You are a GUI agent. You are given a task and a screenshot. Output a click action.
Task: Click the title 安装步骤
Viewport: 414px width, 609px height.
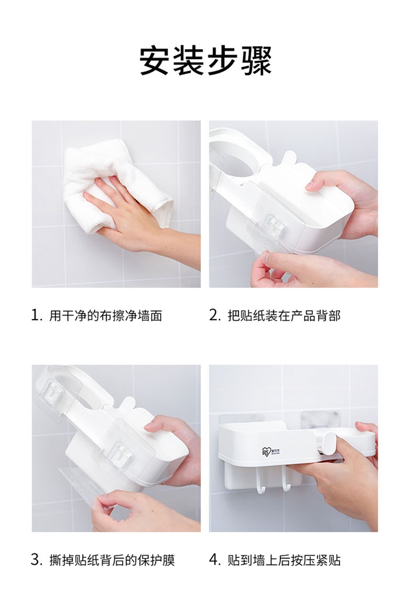pyautogui.click(x=206, y=61)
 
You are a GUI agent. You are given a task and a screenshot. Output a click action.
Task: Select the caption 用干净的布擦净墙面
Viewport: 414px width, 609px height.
pyautogui.click(x=105, y=316)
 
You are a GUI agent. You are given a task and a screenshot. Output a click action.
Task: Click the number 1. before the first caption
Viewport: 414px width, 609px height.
pyautogui.click(x=36, y=315)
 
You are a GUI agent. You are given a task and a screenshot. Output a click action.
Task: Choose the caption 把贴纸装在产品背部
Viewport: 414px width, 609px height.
pyautogui.click(x=284, y=316)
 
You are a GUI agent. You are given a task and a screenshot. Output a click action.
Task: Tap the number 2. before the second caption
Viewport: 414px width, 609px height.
pyautogui.click(x=215, y=315)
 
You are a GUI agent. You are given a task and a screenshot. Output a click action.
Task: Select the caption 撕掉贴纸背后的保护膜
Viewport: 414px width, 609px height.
pyautogui.click(x=112, y=560)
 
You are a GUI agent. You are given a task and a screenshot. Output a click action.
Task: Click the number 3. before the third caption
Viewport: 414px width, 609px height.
pyautogui.click(x=36, y=560)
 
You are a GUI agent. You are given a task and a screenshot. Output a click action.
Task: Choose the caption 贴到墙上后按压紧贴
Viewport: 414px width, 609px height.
pyautogui.click(x=284, y=560)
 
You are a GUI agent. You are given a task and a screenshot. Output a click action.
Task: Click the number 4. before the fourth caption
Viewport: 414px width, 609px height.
pyautogui.click(x=215, y=560)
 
